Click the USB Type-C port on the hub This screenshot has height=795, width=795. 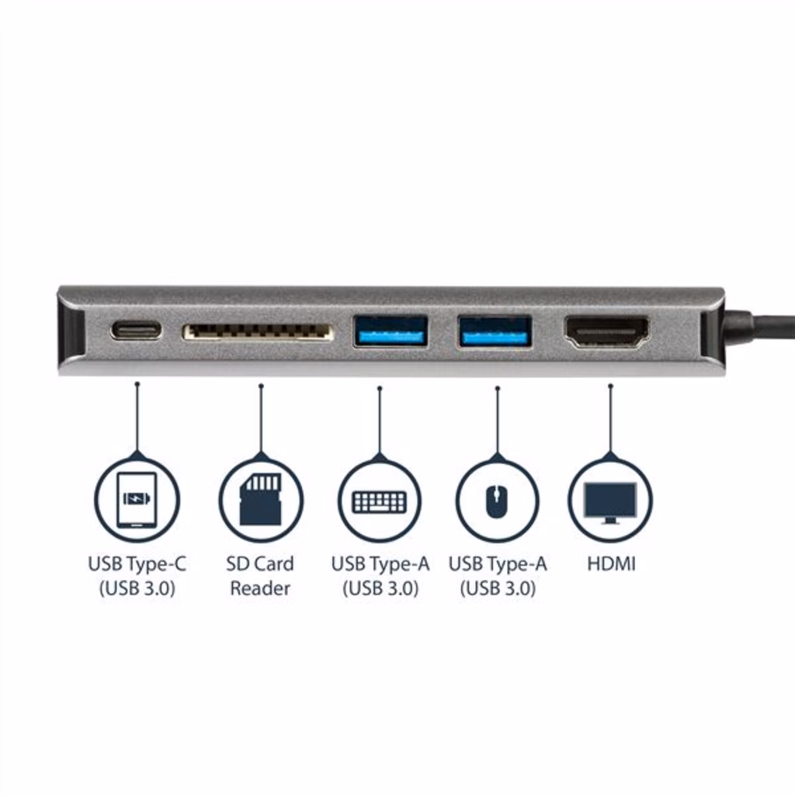[137, 331]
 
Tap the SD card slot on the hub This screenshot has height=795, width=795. [258, 332]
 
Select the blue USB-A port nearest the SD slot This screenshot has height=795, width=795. [391, 331]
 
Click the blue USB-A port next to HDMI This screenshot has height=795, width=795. [495, 332]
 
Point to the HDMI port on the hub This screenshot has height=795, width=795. [607, 332]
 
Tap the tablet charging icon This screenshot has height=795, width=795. [137, 500]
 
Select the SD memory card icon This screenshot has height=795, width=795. [261, 499]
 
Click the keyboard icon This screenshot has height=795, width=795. [380, 502]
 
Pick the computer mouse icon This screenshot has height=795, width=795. [498, 502]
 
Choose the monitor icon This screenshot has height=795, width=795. [610, 502]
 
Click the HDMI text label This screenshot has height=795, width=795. [611, 564]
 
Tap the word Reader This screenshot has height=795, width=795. [260, 588]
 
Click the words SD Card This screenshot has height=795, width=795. [260, 564]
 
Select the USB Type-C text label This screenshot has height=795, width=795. [137, 564]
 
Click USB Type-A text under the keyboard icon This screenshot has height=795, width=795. [380, 564]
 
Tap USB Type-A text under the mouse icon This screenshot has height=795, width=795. [498, 564]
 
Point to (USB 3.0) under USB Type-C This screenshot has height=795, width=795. [137, 588]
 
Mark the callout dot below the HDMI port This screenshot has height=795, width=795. [610, 387]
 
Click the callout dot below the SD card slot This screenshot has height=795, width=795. [261, 387]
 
